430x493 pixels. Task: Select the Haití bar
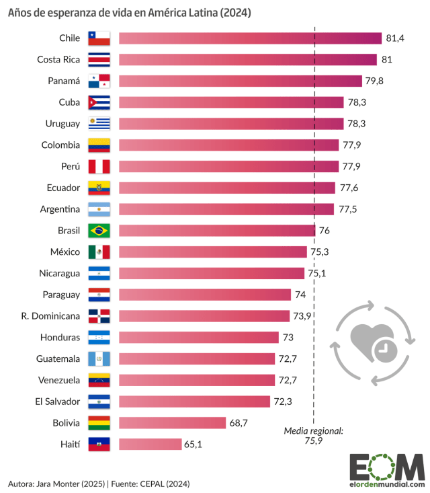150,444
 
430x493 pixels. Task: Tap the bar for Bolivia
172,422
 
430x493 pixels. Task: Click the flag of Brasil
99,231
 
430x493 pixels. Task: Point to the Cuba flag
99,102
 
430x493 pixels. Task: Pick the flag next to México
99,252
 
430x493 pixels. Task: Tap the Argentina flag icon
99,209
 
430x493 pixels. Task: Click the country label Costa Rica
58,60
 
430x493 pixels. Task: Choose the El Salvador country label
58,402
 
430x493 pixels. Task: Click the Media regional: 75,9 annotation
313,436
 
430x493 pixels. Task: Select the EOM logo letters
386,466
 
